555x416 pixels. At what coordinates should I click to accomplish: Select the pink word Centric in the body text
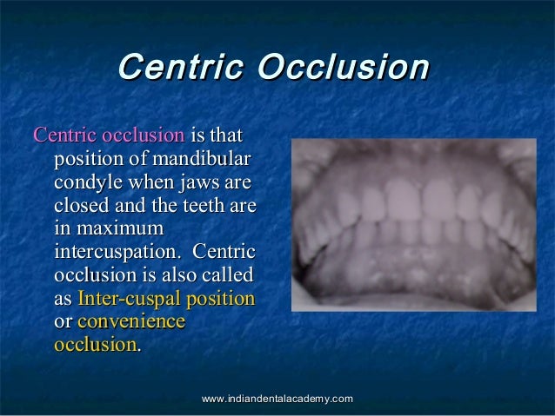coord(64,136)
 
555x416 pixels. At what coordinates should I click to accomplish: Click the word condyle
coord(87,184)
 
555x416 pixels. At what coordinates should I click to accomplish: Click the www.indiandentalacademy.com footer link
coord(277,398)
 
